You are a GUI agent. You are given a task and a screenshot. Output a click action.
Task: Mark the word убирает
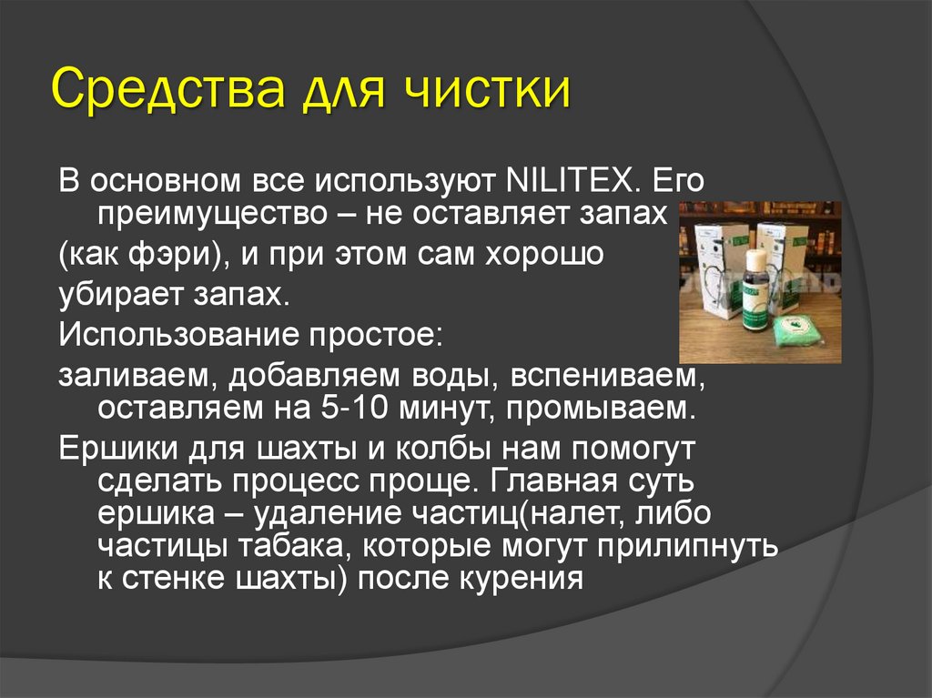point(115,294)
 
